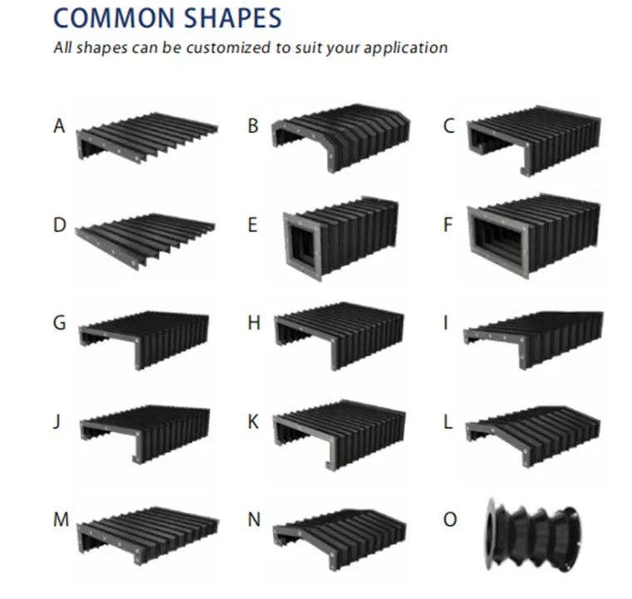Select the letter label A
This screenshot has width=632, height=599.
(59, 127)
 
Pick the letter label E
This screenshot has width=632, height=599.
(253, 225)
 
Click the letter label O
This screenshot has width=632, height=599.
(450, 519)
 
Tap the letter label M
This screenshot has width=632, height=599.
(61, 519)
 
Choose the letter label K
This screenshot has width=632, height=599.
(253, 421)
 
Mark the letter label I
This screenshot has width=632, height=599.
(447, 323)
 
